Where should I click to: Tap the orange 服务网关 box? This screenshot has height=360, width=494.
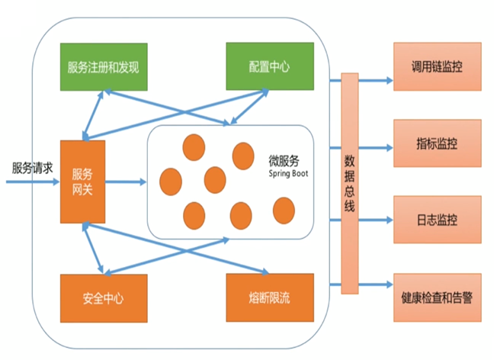[x=82, y=182]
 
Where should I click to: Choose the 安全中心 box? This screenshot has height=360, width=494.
[x=102, y=297]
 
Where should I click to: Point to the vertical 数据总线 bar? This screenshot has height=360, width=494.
[x=349, y=183]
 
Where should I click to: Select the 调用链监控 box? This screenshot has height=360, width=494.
[x=437, y=67]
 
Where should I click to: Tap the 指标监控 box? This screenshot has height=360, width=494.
[x=437, y=143]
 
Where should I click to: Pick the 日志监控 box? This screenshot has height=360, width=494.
[x=437, y=220]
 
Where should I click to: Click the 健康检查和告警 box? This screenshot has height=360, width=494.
[x=437, y=297]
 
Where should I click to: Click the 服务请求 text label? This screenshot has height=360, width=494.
[x=32, y=168]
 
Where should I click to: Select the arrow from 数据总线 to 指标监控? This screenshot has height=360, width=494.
[x=375, y=143]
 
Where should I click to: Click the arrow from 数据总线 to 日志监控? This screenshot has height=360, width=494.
[x=375, y=220]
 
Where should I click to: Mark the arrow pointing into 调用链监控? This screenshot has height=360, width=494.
[x=375, y=79]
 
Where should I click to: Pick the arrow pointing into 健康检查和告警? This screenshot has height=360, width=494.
[x=375, y=286]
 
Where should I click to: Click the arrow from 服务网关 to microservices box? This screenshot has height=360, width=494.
[x=125, y=182]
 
